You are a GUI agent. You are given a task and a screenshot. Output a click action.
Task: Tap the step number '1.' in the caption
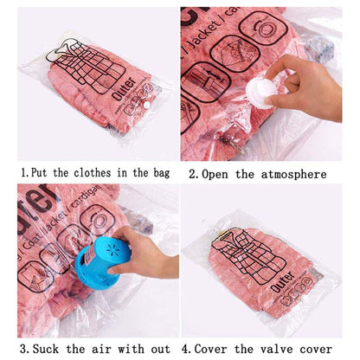click(x=24, y=173)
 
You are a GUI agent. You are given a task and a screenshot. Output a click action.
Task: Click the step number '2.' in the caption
click(x=195, y=173)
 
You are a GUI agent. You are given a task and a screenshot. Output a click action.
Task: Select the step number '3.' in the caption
click(x=23, y=349)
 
